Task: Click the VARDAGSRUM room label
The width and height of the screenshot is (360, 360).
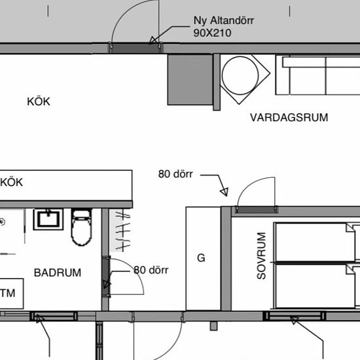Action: click(289, 118)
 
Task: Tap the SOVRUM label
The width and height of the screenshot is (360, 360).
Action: click(262, 256)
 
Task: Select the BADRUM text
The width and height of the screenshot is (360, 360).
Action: click(58, 273)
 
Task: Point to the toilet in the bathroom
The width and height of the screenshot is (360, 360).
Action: click(82, 227)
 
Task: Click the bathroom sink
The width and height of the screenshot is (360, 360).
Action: click(48, 219)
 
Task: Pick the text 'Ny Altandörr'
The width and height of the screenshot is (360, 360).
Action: click(224, 21)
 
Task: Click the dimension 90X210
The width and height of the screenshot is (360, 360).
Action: click(212, 33)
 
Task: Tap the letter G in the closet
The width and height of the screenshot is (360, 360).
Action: click(201, 258)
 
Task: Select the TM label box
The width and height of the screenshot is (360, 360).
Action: click(12, 293)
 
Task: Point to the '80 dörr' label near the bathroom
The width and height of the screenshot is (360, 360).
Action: click(151, 270)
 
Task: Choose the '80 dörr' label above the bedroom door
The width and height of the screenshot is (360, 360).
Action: click(175, 174)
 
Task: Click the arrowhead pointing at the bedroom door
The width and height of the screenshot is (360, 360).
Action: click(225, 192)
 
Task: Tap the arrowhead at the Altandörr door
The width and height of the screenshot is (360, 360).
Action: click(153, 41)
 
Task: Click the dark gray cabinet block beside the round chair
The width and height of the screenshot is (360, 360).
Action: click(190, 80)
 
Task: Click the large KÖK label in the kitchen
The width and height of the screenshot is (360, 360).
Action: click(39, 101)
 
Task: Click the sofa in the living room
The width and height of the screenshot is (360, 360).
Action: click(317, 75)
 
